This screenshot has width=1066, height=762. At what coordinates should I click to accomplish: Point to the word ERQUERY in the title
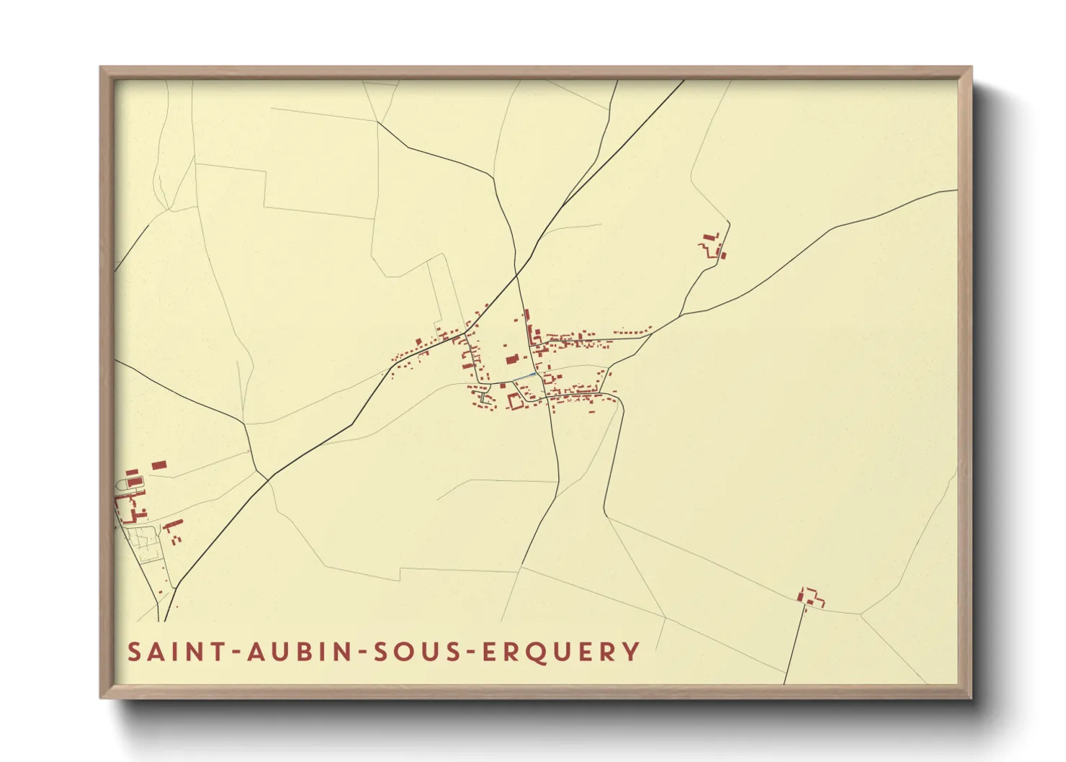560,652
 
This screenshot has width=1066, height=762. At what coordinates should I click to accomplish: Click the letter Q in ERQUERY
533,652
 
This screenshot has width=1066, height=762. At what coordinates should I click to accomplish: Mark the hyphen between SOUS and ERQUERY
468,653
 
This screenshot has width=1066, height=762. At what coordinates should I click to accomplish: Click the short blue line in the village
524,377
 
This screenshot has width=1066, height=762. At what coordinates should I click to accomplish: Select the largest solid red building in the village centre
512,359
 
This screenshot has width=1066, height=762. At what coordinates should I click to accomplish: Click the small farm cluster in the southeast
811,597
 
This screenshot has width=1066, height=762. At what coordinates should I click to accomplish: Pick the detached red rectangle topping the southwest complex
158,465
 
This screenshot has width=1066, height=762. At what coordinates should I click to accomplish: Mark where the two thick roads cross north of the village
516,274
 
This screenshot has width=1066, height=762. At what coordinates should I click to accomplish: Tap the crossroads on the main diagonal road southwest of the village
268,480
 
